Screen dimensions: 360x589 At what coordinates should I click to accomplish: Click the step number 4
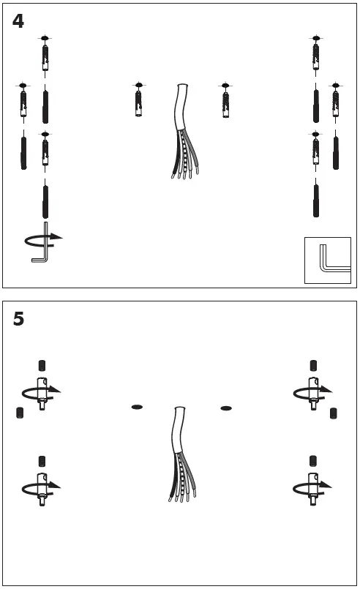18,21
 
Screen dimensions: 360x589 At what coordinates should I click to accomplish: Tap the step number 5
18,319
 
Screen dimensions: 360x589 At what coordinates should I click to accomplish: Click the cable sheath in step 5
179,429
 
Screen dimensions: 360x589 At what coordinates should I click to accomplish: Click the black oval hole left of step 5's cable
137,407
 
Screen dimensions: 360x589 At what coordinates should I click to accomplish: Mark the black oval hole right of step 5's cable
226,408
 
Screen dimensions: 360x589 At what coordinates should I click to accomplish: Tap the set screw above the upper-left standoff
42,366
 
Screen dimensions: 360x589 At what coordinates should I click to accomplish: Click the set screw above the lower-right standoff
313,461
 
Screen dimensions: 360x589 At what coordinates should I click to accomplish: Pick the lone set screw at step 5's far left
20,413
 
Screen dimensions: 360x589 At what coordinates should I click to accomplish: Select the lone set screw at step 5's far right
334,413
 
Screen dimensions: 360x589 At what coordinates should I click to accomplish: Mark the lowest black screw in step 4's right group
316,201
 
